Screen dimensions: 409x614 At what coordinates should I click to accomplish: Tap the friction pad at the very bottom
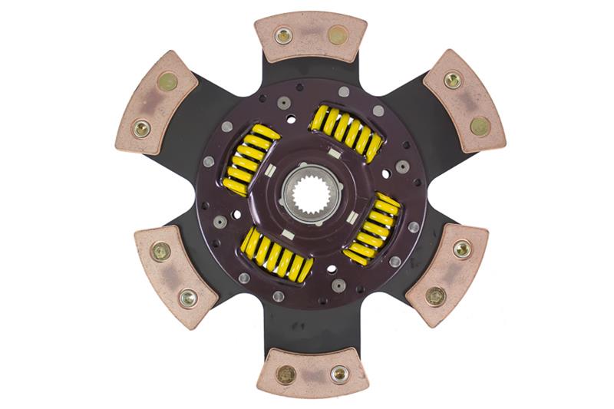[311, 373]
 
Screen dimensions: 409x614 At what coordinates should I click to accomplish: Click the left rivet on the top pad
[283, 35]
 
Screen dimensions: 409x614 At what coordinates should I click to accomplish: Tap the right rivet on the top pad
[338, 35]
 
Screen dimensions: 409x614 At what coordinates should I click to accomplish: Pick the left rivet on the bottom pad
[286, 374]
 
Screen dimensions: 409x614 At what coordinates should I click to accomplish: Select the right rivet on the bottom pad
[338, 374]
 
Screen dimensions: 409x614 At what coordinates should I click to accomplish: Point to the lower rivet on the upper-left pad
[141, 128]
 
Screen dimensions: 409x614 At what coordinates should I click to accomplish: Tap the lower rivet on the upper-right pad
[480, 126]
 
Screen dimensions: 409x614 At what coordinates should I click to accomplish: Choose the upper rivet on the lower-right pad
[461, 249]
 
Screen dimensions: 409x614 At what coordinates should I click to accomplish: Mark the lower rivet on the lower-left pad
[187, 296]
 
